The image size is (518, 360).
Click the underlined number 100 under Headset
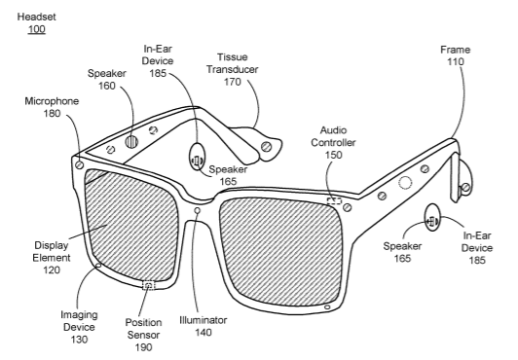36,29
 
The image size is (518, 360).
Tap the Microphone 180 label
52,107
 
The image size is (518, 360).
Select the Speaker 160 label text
107,80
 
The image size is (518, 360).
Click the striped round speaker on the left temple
131,142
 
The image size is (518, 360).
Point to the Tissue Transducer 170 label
233,69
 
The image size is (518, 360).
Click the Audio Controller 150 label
333,143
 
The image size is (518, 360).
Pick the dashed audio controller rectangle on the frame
334,200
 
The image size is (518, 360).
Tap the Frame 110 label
456,55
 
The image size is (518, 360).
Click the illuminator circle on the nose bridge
198,210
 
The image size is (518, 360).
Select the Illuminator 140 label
203,326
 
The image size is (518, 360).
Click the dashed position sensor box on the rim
148,285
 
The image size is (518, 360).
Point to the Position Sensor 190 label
143,335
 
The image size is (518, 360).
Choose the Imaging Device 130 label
79,327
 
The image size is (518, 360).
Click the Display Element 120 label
52,258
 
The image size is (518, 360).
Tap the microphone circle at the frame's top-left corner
79,164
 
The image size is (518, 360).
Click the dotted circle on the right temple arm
405,183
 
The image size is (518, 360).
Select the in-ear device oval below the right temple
432,218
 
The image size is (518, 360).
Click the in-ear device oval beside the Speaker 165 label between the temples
197,157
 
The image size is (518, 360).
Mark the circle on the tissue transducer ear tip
266,147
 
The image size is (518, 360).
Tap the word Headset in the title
37,17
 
